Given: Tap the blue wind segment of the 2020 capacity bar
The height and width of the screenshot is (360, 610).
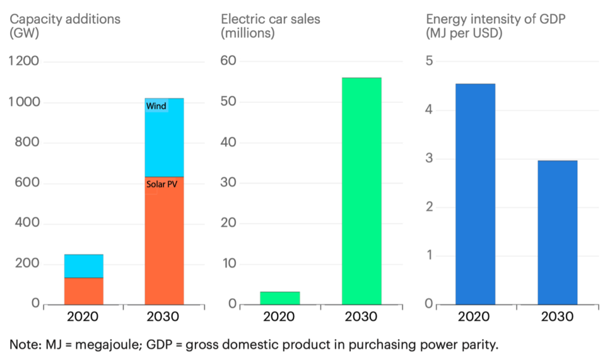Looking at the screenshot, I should tap(83, 266).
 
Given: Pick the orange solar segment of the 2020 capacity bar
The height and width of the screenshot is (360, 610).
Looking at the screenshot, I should tap(83, 291).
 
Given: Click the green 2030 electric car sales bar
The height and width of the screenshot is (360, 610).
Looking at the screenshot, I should tap(361, 191).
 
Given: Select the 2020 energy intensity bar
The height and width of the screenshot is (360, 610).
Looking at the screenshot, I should tap(475, 194).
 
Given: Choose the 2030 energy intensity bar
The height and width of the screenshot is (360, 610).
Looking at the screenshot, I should tap(557, 232).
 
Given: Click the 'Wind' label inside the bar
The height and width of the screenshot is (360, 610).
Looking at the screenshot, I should tap(156, 106).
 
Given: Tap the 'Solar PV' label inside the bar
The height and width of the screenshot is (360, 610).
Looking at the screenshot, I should tap(162, 184).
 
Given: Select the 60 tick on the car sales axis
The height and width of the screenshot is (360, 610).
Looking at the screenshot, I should tap(229, 61).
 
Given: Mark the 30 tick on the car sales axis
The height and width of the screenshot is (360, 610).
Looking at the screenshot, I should tap(229, 183).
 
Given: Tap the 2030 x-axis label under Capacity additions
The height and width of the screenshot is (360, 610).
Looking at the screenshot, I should tap(164, 316).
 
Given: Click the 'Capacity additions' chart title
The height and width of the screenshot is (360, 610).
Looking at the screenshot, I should tap(64, 19).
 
